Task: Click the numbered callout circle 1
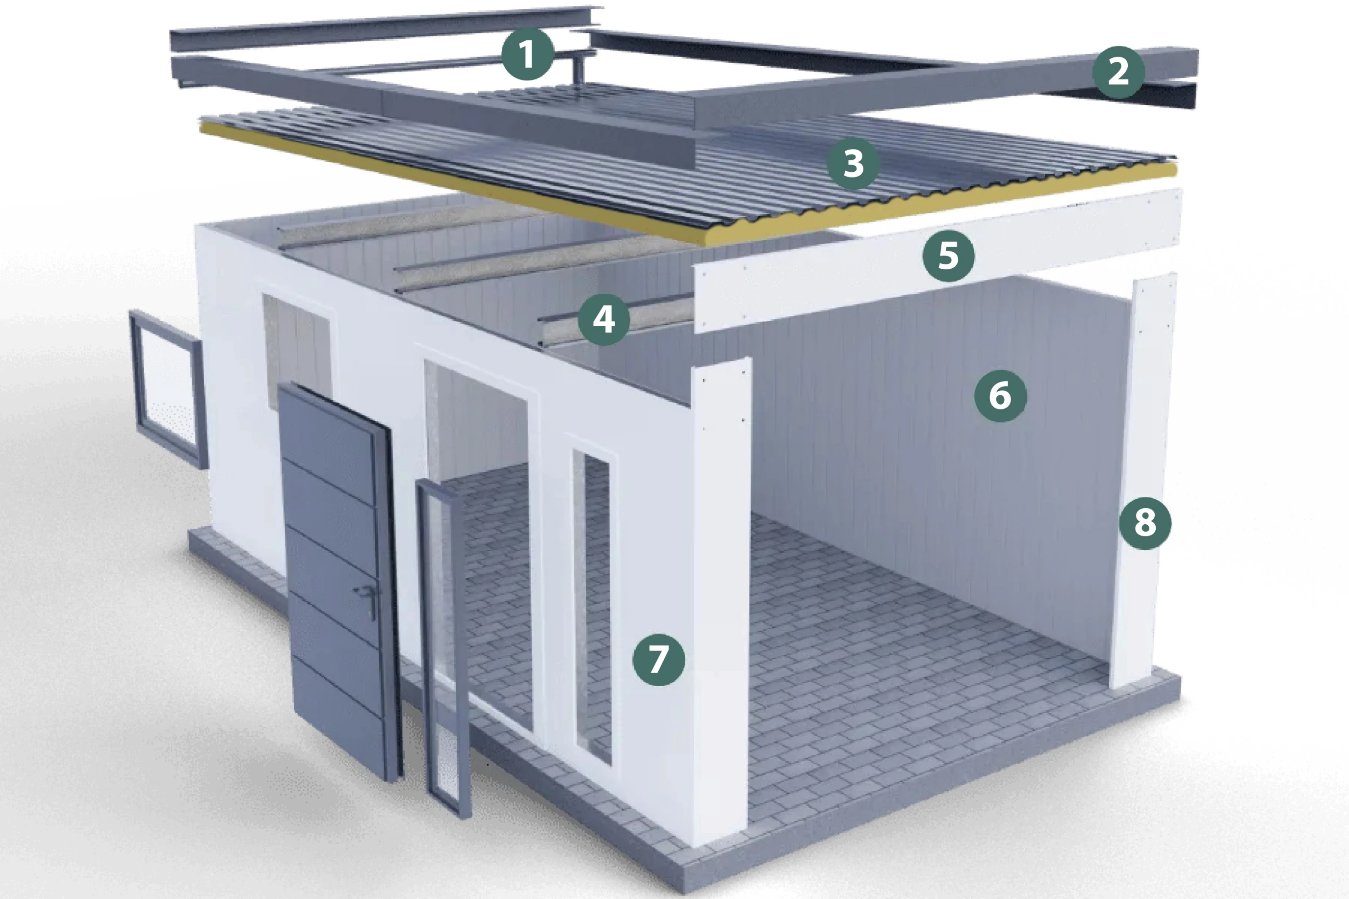point(527,54)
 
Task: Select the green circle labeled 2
point(1118,72)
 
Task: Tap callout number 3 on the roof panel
point(854,163)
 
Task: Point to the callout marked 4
point(604,319)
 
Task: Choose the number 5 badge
point(949,255)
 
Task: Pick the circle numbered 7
point(659,659)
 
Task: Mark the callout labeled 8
point(1145,523)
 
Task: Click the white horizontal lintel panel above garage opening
point(937,261)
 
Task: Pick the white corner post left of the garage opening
point(721,602)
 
